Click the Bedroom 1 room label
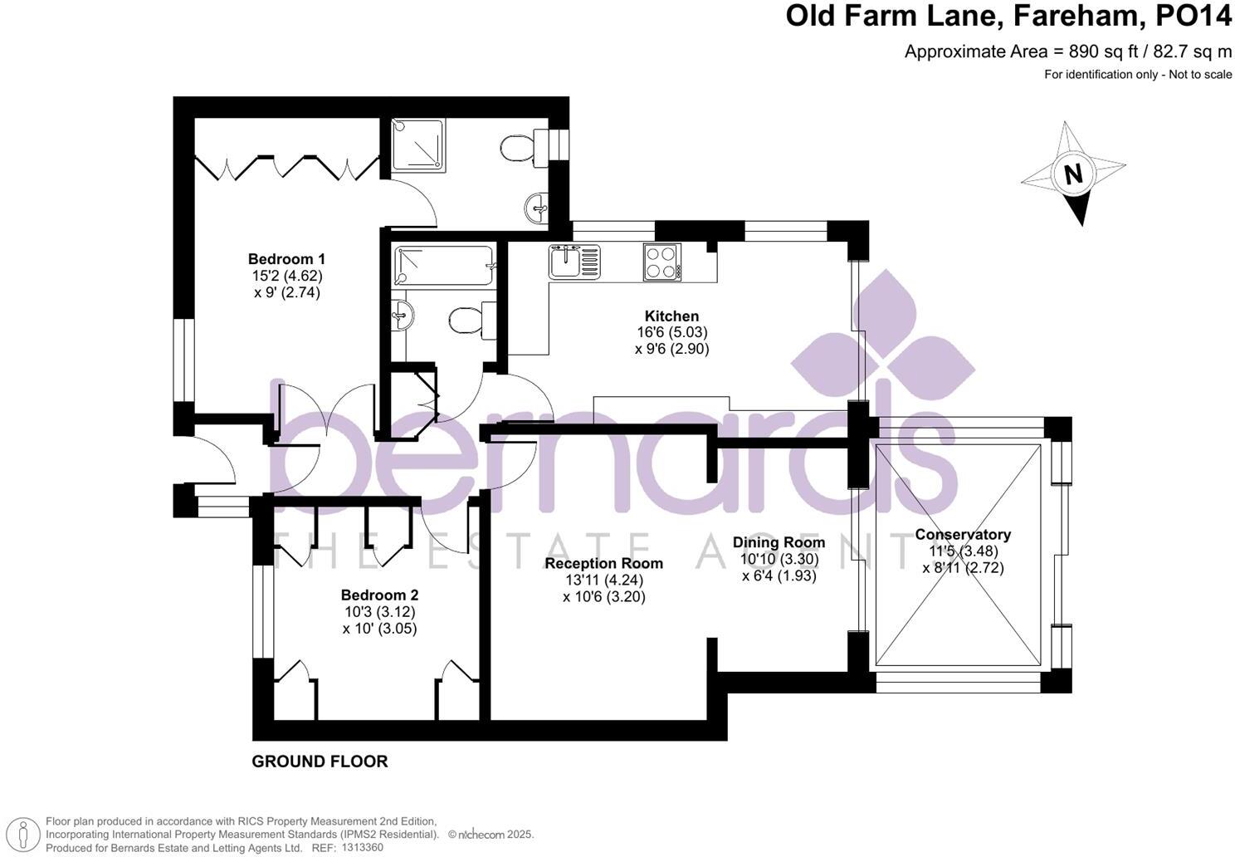tap(286, 258)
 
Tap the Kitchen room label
tap(671, 316)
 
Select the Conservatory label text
tap(963, 535)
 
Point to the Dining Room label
tap(779, 542)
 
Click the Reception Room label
tap(603, 563)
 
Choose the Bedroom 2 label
tap(380, 595)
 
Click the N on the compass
tap(1073, 174)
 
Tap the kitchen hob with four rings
tap(661, 262)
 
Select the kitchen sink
tap(574, 262)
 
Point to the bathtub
tap(444, 266)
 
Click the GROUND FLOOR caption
tap(320, 762)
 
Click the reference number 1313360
tap(362, 848)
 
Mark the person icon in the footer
tap(22, 835)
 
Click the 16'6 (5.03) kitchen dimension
tap(672, 332)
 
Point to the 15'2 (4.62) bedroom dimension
tap(287, 275)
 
